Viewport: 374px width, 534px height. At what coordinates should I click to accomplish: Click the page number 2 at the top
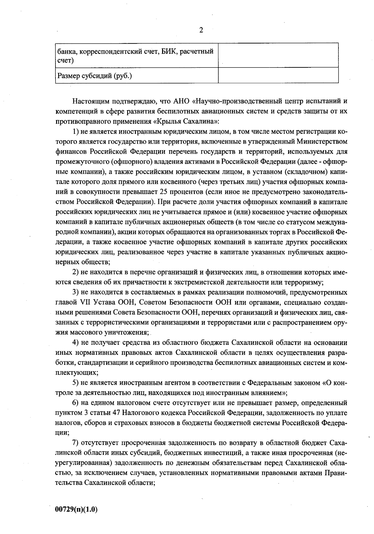click(x=201, y=30)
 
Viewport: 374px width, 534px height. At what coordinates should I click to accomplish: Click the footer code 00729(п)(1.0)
click(x=76, y=509)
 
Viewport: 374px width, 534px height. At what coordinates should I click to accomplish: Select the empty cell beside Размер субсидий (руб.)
click(x=278, y=75)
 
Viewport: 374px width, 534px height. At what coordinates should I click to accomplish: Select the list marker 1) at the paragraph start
click(x=76, y=131)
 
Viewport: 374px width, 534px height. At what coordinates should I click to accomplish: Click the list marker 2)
click(x=76, y=272)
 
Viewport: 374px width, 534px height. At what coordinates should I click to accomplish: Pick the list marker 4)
click(x=76, y=343)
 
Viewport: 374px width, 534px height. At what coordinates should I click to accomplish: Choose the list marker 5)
click(x=76, y=383)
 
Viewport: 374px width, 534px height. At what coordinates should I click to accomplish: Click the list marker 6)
click(x=76, y=403)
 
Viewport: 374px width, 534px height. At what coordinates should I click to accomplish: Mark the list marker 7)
click(x=76, y=443)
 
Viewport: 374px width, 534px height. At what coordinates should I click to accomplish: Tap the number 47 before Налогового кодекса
click(x=115, y=413)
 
